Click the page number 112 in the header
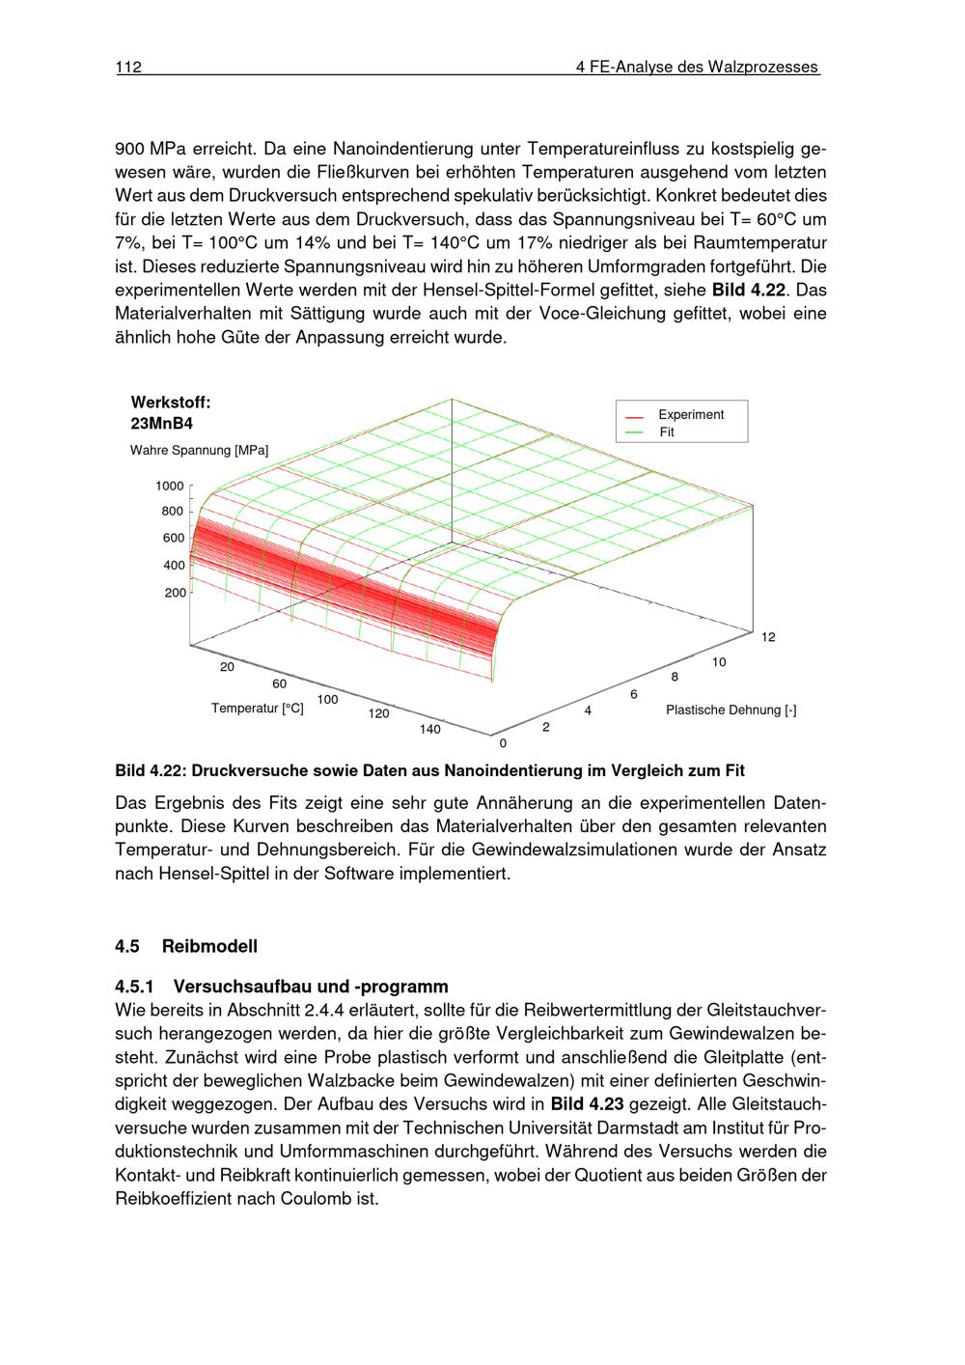pyautogui.click(x=128, y=68)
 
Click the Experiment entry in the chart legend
pyautogui.click(x=690, y=415)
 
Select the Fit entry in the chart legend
pyautogui.click(x=667, y=432)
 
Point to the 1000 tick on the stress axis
pyautogui.click(x=170, y=486)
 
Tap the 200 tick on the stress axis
pyautogui.click(x=175, y=593)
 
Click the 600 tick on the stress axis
pyautogui.click(x=174, y=539)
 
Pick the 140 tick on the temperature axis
pyautogui.click(x=429, y=729)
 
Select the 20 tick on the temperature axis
pyautogui.click(x=228, y=667)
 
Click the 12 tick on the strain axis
pyautogui.click(x=768, y=637)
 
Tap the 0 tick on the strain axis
pyautogui.click(x=502, y=743)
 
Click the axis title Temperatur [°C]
pyautogui.click(x=258, y=709)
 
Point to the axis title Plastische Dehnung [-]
pyautogui.click(x=731, y=710)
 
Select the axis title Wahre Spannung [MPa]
pyautogui.click(x=200, y=450)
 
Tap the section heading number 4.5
pyautogui.click(x=127, y=946)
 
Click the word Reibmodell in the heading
pyautogui.click(x=209, y=946)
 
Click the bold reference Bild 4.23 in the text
pyautogui.click(x=587, y=1103)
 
